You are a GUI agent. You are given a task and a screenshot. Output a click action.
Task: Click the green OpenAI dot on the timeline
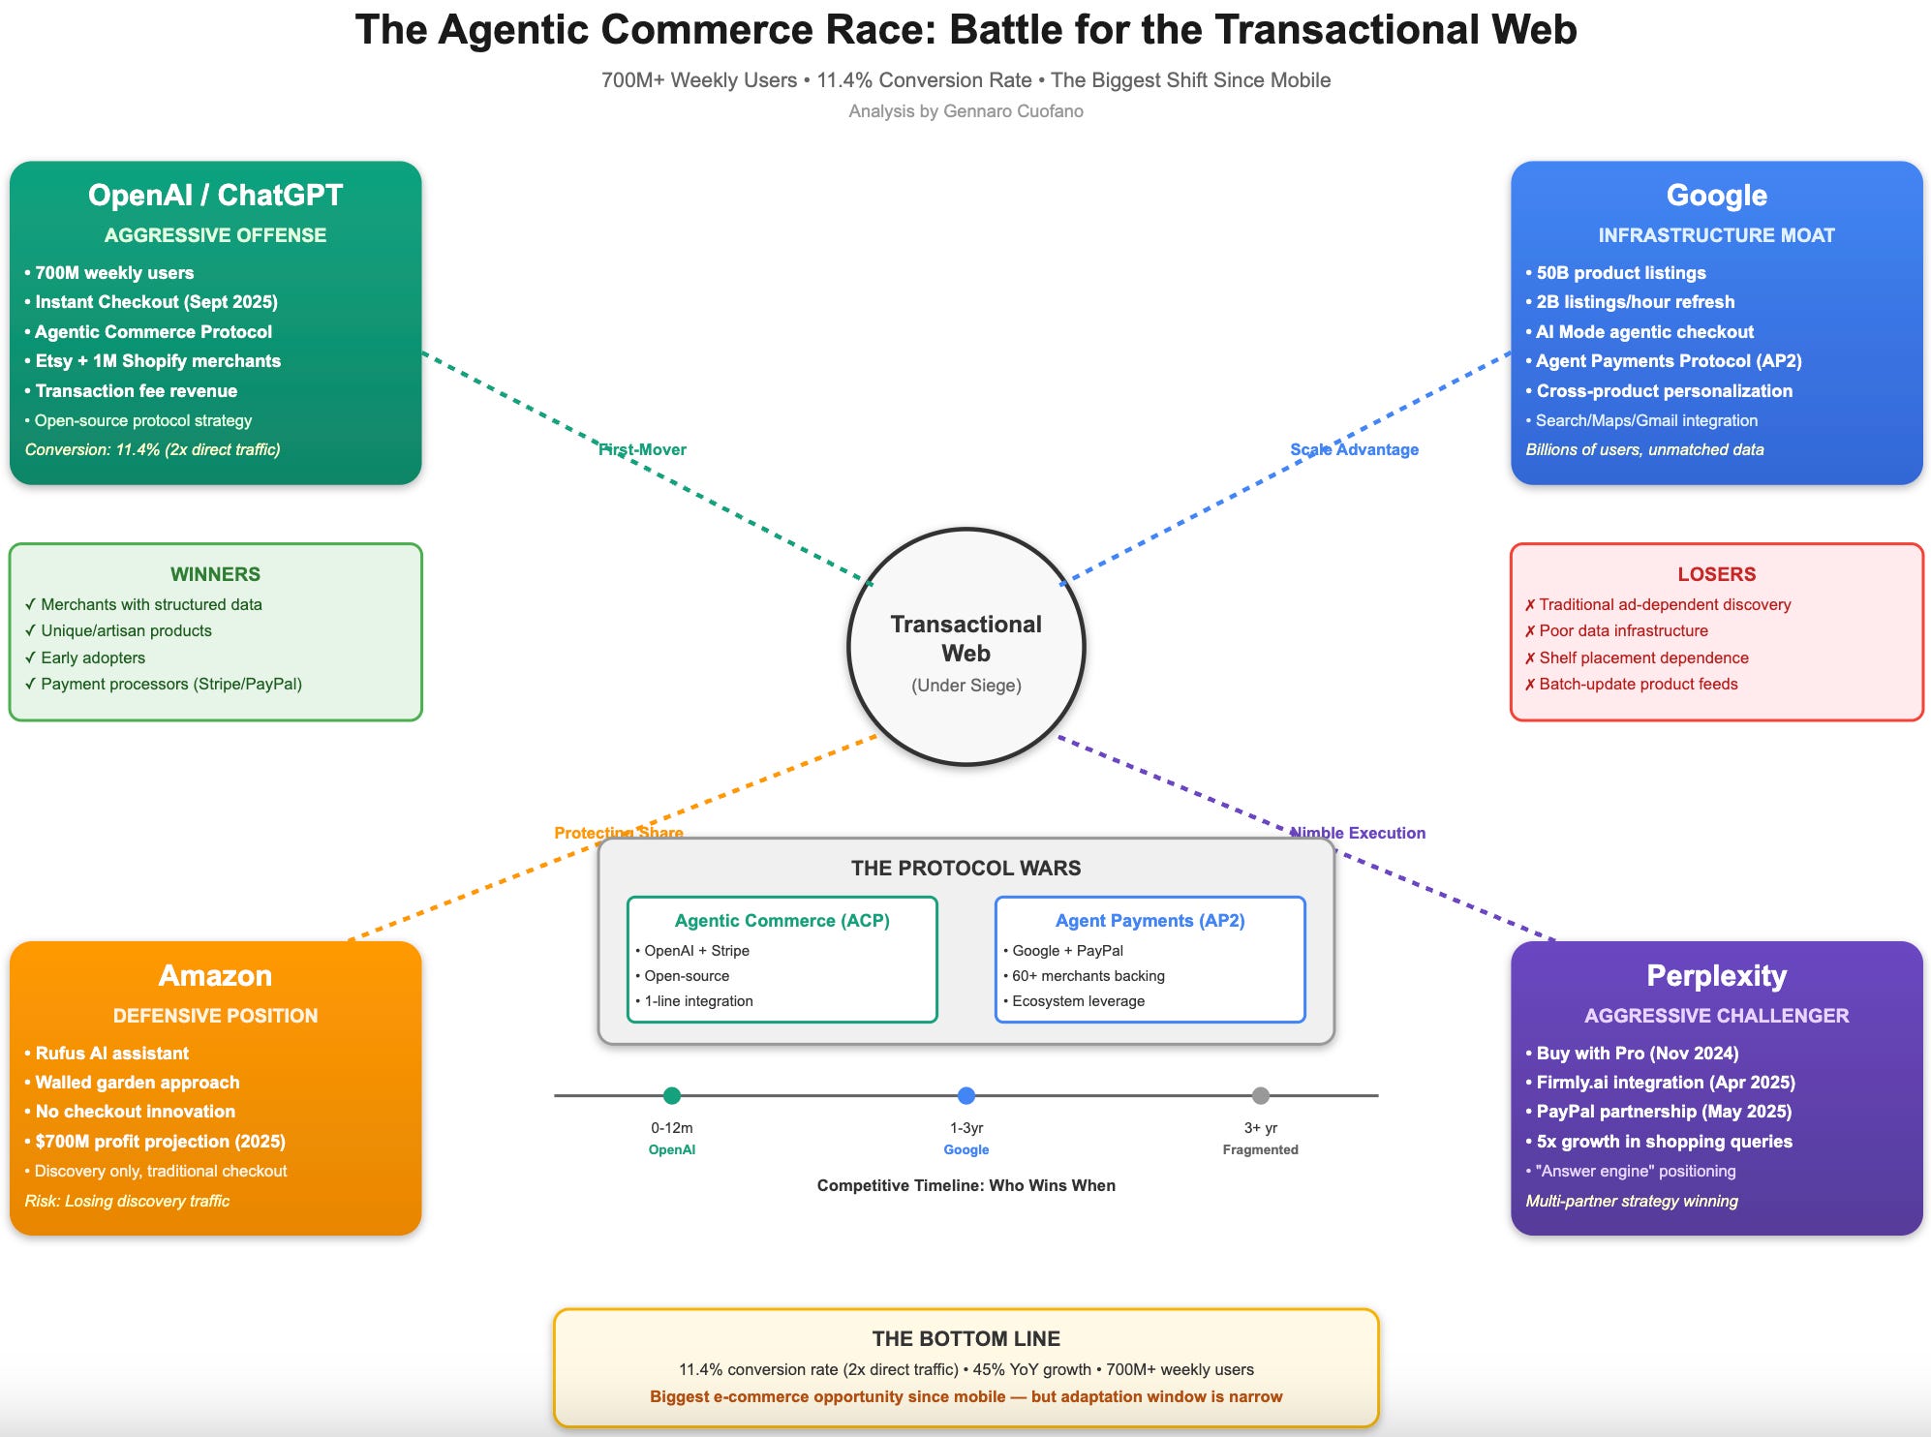point(672,1095)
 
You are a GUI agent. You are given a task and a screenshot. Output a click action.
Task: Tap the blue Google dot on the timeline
point(966,1095)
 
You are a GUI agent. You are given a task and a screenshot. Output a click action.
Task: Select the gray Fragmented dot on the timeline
point(1260,1095)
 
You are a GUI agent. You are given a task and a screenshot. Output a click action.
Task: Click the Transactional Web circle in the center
point(966,646)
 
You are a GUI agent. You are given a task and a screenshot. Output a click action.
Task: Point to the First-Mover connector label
point(642,449)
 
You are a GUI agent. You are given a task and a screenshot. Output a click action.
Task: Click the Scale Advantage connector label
point(1354,449)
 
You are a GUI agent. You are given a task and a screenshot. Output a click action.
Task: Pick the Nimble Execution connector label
point(1358,833)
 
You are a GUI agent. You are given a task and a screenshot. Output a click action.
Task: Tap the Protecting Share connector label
point(619,833)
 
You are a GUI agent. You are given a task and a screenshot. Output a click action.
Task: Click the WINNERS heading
point(215,574)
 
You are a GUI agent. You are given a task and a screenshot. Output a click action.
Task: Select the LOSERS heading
point(1716,574)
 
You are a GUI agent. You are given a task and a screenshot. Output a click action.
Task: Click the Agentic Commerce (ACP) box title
point(782,921)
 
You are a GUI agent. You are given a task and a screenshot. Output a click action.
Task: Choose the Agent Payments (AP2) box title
point(1149,921)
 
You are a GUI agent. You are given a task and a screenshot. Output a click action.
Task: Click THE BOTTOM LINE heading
point(965,1339)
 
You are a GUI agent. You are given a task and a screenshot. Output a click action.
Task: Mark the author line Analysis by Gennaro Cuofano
point(965,111)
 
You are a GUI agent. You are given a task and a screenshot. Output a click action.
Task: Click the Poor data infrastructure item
point(1623,631)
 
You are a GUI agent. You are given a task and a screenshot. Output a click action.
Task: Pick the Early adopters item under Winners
point(93,657)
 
